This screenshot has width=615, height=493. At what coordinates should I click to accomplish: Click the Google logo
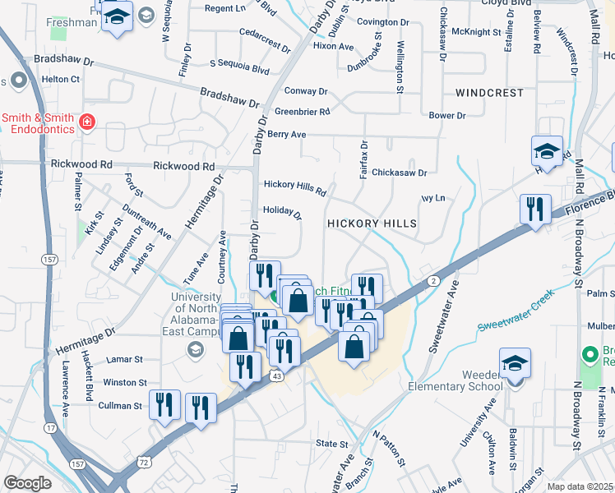tap(26, 483)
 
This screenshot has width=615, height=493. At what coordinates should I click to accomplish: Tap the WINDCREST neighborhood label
tap(488, 93)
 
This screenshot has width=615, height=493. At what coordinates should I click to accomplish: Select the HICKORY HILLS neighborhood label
tap(372, 223)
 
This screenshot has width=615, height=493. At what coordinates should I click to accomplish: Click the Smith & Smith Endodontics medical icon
tap(87, 123)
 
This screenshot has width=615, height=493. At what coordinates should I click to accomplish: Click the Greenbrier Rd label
tap(302, 112)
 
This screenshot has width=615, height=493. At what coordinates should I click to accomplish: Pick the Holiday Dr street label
tap(283, 212)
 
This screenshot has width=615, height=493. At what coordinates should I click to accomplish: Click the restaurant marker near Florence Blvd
tap(535, 210)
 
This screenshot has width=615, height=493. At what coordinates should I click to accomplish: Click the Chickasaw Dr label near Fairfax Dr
tap(399, 173)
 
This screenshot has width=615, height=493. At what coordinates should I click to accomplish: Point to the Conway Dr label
tap(306, 91)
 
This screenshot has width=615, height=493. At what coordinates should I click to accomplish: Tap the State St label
tap(332, 444)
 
